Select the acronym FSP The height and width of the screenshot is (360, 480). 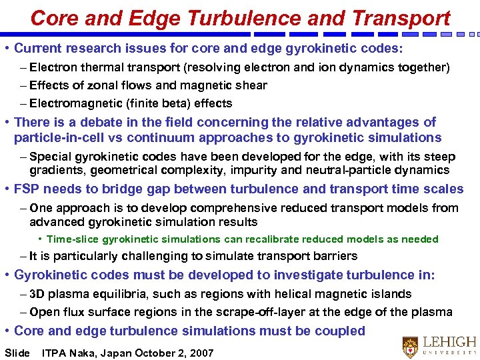tap(27, 189)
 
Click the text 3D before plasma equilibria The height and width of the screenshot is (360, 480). tap(38, 294)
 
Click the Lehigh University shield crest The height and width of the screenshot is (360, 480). tap(411, 346)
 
